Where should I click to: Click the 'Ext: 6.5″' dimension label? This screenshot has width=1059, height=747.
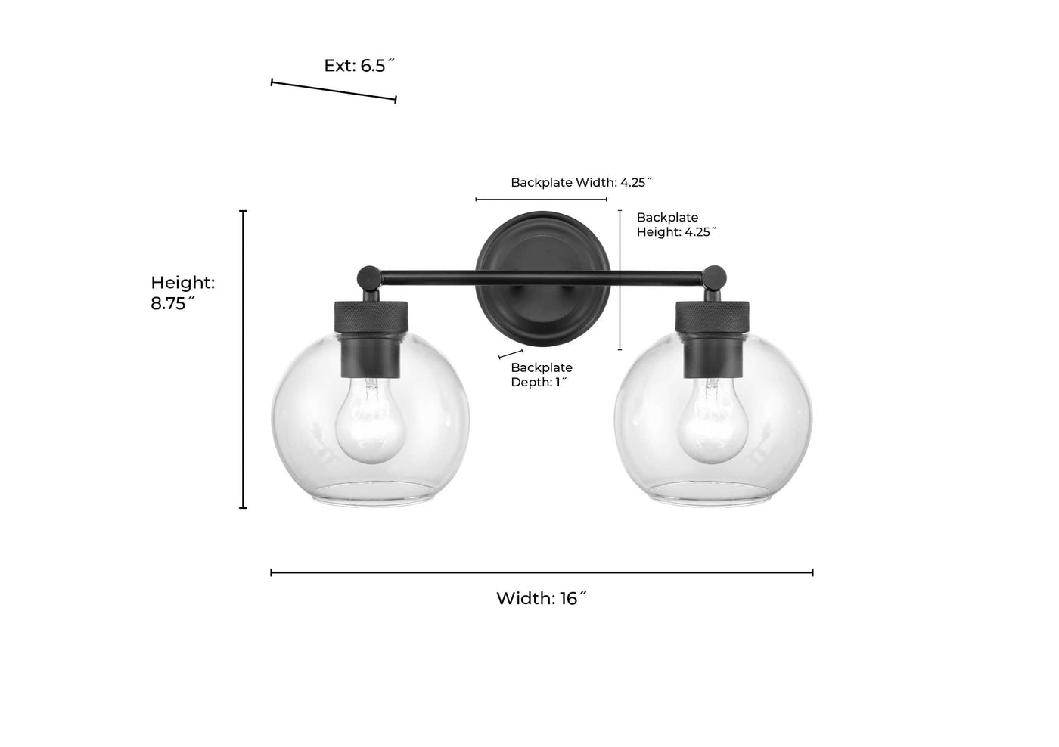(x=359, y=66)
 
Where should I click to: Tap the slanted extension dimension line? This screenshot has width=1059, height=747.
(x=334, y=91)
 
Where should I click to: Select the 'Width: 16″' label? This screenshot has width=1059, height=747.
(x=542, y=599)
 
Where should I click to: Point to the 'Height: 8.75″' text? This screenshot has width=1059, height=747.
(x=182, y=293)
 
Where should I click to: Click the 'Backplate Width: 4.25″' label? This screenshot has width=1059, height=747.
(x=582, y=182)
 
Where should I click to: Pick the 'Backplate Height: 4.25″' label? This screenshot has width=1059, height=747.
(x=676, y=225)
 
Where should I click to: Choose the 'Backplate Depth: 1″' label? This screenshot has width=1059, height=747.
(x=542, y=375)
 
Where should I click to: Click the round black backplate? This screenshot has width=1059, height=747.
(x=542, y=279)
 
